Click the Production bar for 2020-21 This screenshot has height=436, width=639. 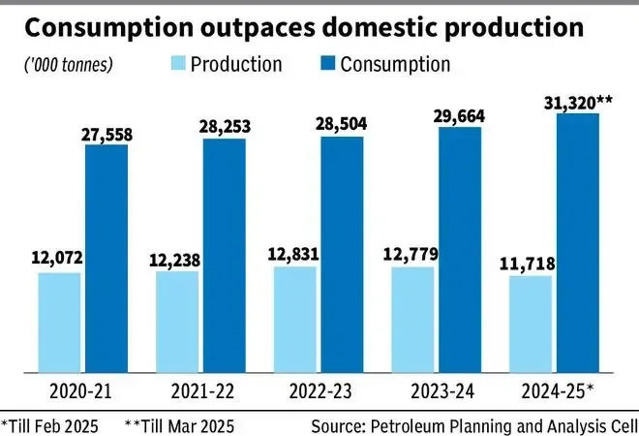tap(60, 323)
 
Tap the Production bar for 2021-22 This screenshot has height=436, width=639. tap(177, 322)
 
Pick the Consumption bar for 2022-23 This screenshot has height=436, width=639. tap(342, 255)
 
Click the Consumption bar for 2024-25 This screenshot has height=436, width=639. tap(578, 243)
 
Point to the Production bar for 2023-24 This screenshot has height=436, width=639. tap(413, 320)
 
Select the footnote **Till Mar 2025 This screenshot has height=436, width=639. tap(179, 424)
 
